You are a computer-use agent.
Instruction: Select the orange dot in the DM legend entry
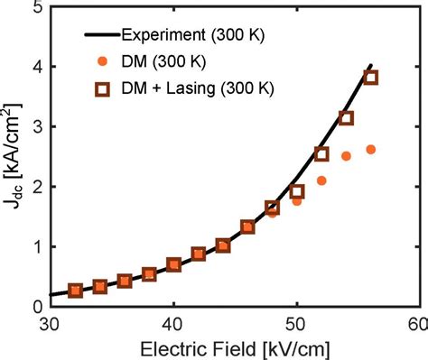[101, 62]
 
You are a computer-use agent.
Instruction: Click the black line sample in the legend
[101, 36]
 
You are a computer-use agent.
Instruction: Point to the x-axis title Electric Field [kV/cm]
[232, 347]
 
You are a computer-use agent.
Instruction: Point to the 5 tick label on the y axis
[36, 8]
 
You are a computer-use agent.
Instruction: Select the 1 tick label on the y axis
[36, 246]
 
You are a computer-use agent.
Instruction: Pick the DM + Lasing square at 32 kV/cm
[76, 290]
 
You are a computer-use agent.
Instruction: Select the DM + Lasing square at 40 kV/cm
[173, 264]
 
